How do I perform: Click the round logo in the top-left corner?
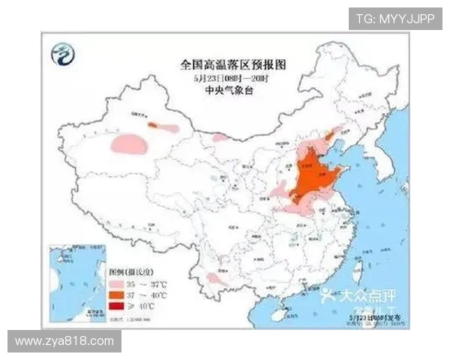pyautogui.click(x=63, y=53)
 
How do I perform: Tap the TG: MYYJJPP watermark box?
pyautogui.click(x=394, y=18)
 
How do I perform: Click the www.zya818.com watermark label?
pyautogui.click(x=64, y=341)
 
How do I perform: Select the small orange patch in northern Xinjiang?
pyautogui.click(x=153, y=125)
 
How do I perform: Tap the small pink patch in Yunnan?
pyautogui.click(x=214, y=278)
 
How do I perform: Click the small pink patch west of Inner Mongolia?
pyautogui.click(x=220, y=138)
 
